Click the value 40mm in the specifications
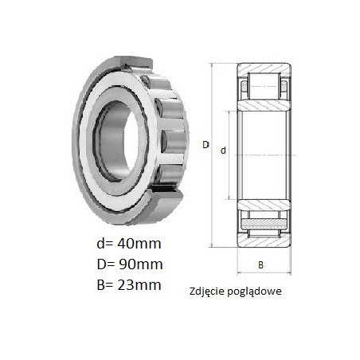pyautogui.click(x=139, y=244)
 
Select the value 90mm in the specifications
pyautogui.click(x=141, y=264)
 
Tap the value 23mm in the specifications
pyautogui.click(x=139, y=285)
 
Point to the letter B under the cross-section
pyautogui.click(x=260, y=265)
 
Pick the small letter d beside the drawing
pyautogui.click(x=223, y=151)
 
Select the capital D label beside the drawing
pyautogui.click(x=205, y=145)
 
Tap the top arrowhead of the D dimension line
pyautogui.click(x=212, y=65)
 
